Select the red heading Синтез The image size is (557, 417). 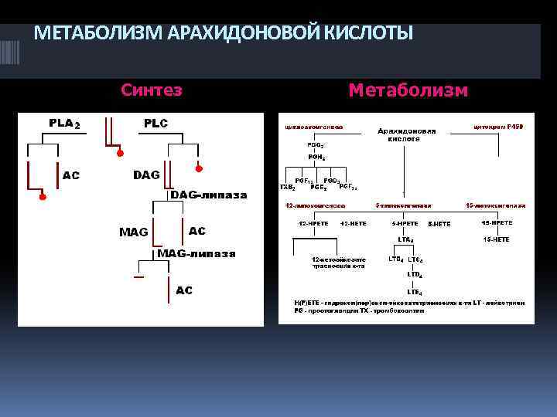pos(152,90)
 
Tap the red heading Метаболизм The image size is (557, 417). pos(408,90)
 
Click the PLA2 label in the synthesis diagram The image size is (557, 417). pos(64,124)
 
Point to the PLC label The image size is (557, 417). pos(155,124)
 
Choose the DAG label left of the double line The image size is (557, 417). pos(147,175)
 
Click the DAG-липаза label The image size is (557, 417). pos(208,195)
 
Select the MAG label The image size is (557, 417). pos(134,232)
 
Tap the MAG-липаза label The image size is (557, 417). pos(196,253)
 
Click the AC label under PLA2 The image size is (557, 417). pos(71,175)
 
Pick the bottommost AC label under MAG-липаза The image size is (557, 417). pos(184,290)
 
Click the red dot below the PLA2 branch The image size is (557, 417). pos(43,198)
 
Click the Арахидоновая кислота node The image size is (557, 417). pos(406,135)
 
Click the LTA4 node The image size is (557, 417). pos(406,239)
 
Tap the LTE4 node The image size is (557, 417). pos(415,292)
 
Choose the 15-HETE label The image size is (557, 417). pos(496,239)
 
